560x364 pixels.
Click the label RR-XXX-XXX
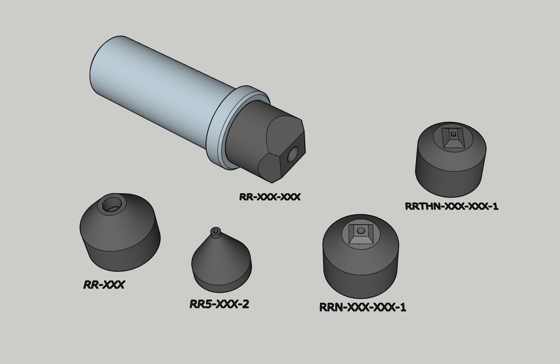[269, 197]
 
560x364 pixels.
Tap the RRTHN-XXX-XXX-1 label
[451, 206]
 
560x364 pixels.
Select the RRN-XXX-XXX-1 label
[363, 307]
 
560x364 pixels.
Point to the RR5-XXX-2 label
[219, 304]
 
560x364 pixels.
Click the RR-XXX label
[104, 285]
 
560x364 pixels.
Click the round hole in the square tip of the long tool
[293, 154]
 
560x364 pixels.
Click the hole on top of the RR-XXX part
[112, 204]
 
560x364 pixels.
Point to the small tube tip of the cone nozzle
[216, 232]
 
